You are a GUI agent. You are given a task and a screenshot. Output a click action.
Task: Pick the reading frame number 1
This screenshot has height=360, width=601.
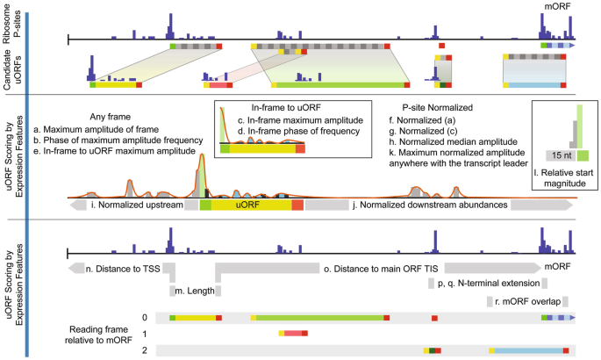coord(145,334)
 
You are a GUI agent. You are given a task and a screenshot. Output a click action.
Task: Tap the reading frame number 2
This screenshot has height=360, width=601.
coord(145,350)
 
